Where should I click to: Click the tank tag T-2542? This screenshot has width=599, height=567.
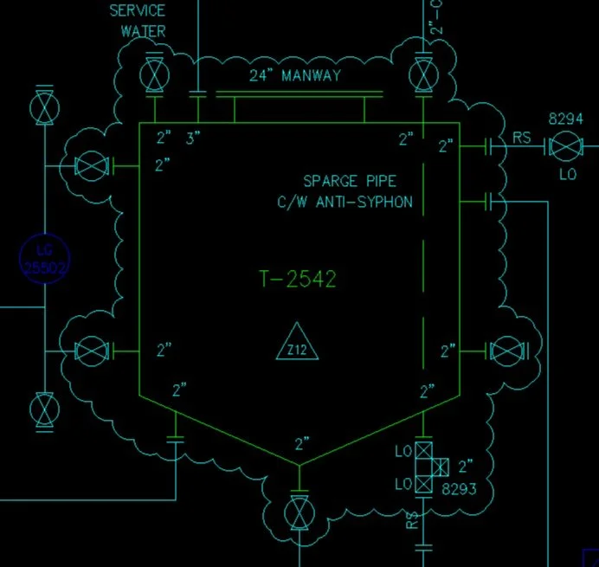pyautogui.click(x=298, y=279)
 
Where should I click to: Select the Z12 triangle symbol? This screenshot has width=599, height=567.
pyautogui.click(x=298, y=344)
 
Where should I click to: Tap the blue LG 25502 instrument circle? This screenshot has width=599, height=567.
pyautogui.click(x=44, y=258)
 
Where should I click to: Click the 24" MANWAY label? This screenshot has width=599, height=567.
pyautogui.click(x=295, y=75)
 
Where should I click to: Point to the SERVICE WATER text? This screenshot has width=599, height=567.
pyautogui.click(x=138, y=21)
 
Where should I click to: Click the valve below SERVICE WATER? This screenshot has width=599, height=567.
pyautogui.click(x=155, y=74)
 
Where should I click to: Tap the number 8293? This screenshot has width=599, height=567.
pyautogui.click(x=460, y=488)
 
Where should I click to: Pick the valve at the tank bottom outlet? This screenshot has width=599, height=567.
pyautogui.click(x=299, y=511)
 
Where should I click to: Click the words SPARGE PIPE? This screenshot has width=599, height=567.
pyautogui.click(x=350, y=182)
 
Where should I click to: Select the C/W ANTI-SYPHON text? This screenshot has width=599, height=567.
pyautogui.click(x=340, y=203)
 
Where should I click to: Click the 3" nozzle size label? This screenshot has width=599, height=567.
pyautogui.click(x=193, y=138)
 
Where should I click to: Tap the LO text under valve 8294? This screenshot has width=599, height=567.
pyautogui.click(x=566, y=174)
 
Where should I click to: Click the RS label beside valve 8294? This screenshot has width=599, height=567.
pyautogui.click(x=522, y=137)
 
